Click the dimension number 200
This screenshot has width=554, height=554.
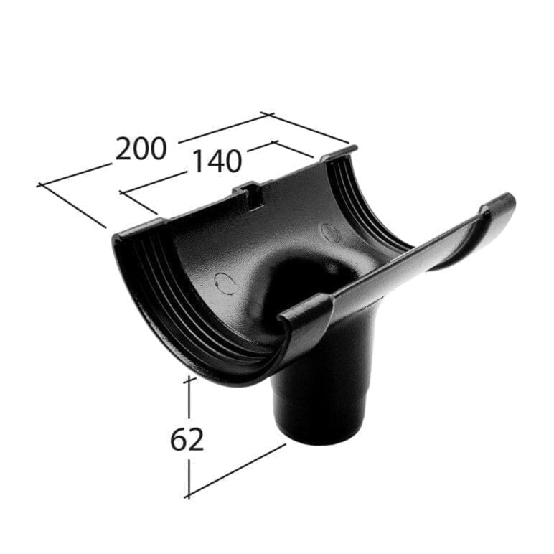click(x=141, y=148)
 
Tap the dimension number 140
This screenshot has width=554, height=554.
click(x=215, y=162)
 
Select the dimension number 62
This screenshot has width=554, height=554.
click(x=187, y=439)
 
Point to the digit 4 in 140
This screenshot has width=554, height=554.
click(x=215, y=162)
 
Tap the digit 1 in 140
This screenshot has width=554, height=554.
click(x=194, y=164)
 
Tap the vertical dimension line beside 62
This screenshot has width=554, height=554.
click(x=189, y=398)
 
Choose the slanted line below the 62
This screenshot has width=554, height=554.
click(x=237, y=470)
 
